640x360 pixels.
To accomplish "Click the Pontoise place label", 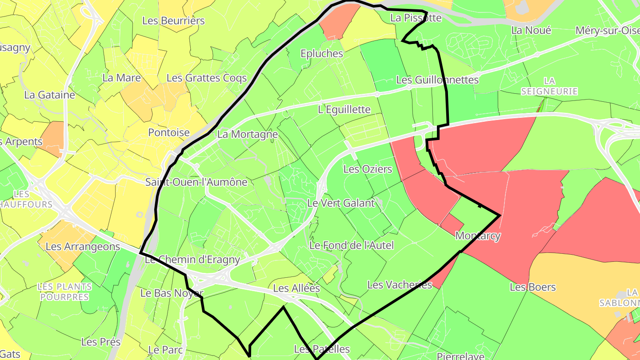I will (169, 132).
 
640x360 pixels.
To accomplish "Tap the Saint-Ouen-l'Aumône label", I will (196, 182).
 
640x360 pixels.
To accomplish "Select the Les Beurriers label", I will (173, 20).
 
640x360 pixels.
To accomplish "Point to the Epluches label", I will (322, 53).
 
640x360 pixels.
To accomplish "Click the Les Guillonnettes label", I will (437, 80).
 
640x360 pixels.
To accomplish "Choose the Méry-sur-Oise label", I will (607, 30).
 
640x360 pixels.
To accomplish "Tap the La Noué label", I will (531, 30).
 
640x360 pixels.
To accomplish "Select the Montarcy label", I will (478, 236).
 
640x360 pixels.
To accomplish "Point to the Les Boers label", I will (533, 287).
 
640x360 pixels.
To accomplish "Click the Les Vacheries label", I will (400, 285).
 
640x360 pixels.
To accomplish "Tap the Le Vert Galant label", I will (341, 203).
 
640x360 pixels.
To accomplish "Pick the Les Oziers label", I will (368, 169).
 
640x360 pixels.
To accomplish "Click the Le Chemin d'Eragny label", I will (192, 260).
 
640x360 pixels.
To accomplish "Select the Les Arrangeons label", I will (83, 246).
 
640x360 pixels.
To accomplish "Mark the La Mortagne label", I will (248, 134).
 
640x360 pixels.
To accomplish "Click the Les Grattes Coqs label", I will (207, 78).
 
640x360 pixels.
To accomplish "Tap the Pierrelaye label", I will (460, 356).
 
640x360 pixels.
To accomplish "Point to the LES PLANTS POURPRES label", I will (65, 292).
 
